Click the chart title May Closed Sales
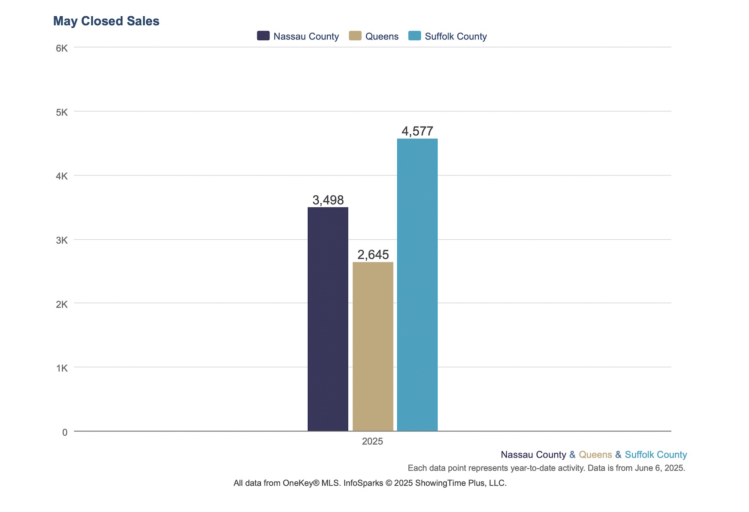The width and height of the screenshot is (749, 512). [106, 21]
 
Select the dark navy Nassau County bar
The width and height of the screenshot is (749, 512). [328, 319]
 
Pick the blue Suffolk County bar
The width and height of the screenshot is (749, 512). [417, 285]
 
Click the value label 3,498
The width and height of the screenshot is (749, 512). [328, 200]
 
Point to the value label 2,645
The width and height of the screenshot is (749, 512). [373, 255]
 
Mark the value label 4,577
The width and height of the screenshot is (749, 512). [417, 131]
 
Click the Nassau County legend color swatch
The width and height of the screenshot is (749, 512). [263, 36]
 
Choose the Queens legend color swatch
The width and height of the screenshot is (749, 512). [355, 36]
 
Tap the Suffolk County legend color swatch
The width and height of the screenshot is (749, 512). [414, 36]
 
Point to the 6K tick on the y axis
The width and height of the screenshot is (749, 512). [62, 48]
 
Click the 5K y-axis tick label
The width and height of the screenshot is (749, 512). [62, 112]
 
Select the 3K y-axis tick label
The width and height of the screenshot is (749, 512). [62, 240]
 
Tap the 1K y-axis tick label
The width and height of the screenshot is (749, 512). [62, 368]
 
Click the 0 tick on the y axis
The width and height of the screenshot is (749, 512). [65, 432]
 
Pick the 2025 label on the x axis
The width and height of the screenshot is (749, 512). [372, 441]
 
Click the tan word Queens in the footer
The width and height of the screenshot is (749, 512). [595, 455]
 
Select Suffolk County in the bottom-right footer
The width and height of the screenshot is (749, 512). [655, 455]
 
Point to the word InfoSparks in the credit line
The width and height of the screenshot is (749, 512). [363, 483]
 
